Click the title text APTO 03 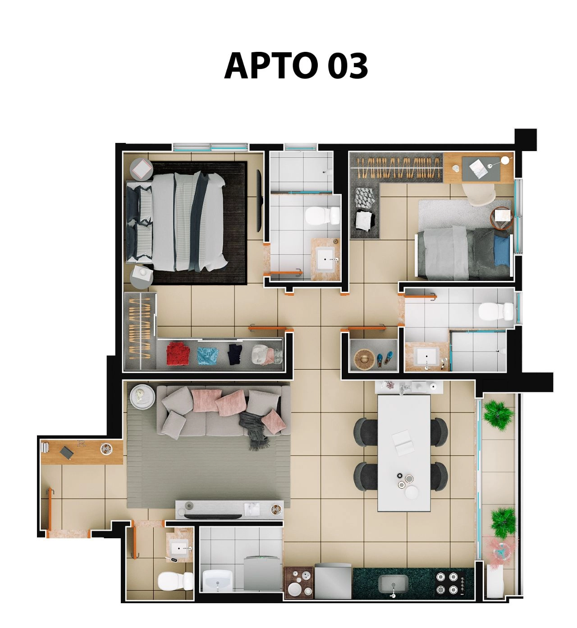[x=296, y=66]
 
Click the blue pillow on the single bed [x=501, y=249]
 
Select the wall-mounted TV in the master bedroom [x=259, y=201]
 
